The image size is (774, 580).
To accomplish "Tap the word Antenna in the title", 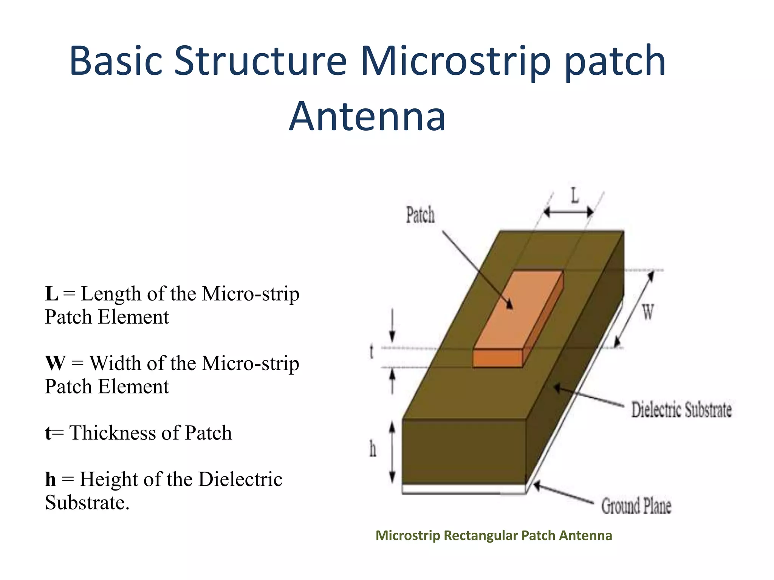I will coord(367,117).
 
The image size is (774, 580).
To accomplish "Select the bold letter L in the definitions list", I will coord(51,294).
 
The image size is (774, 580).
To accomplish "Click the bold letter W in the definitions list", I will coord(55,363).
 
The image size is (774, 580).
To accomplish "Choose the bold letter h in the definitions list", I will coord(50,480).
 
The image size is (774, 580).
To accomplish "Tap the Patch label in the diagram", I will coord(420,215).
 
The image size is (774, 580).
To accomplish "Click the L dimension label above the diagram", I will coord(574,196).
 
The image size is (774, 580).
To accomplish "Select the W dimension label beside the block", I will coord(648,313).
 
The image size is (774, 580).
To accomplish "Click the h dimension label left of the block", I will coord(373,449).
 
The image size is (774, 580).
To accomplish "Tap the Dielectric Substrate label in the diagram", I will coord(681,410).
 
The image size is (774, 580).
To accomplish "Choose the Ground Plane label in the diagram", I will coord(636,506).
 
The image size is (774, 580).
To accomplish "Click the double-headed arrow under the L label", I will coord(568,212).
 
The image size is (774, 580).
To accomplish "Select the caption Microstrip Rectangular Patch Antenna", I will coord(494,535).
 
